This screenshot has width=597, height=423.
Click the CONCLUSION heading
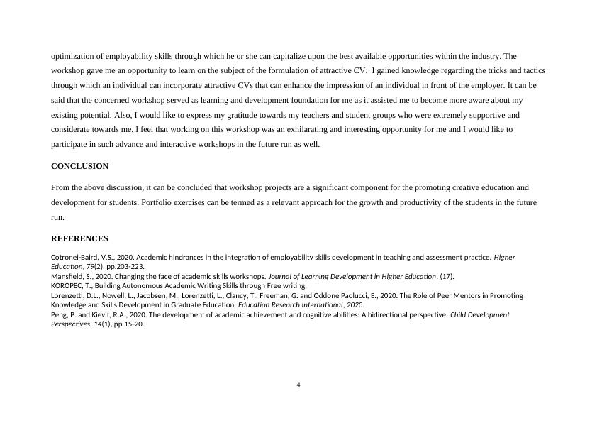[79, 166]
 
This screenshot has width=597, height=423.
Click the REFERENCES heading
[79, 238]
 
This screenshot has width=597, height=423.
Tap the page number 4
[298, 385]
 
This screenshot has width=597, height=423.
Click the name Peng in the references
[60, 314]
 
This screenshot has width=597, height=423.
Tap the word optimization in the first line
[73, 55]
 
